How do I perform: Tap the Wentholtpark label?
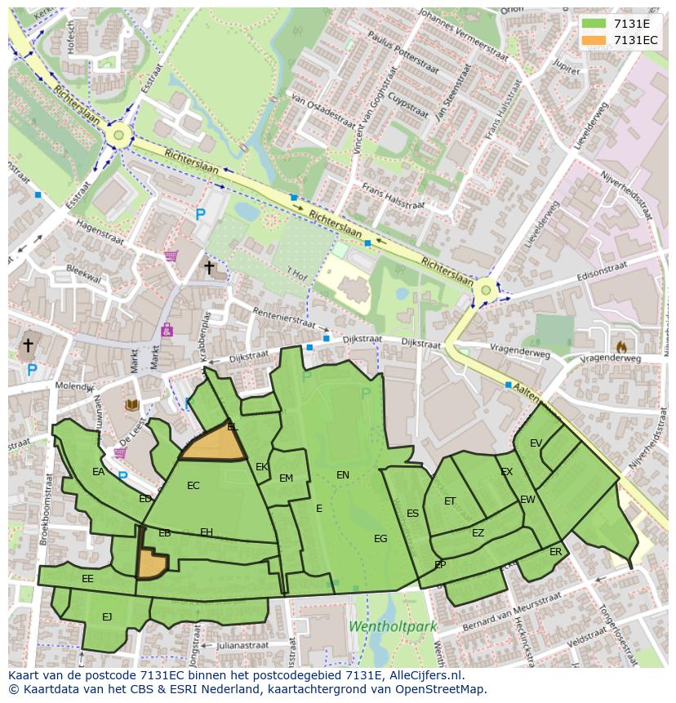393,627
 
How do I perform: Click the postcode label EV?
536,443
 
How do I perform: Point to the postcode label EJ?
107,616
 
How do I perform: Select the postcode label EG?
380,538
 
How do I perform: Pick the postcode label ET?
450,501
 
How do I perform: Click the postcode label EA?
98,472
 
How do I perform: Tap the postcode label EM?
286,478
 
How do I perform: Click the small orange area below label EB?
150,563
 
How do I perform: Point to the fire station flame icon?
621,347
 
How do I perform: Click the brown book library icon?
131,404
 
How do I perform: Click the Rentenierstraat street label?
283,318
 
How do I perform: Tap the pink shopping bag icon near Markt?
167,331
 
